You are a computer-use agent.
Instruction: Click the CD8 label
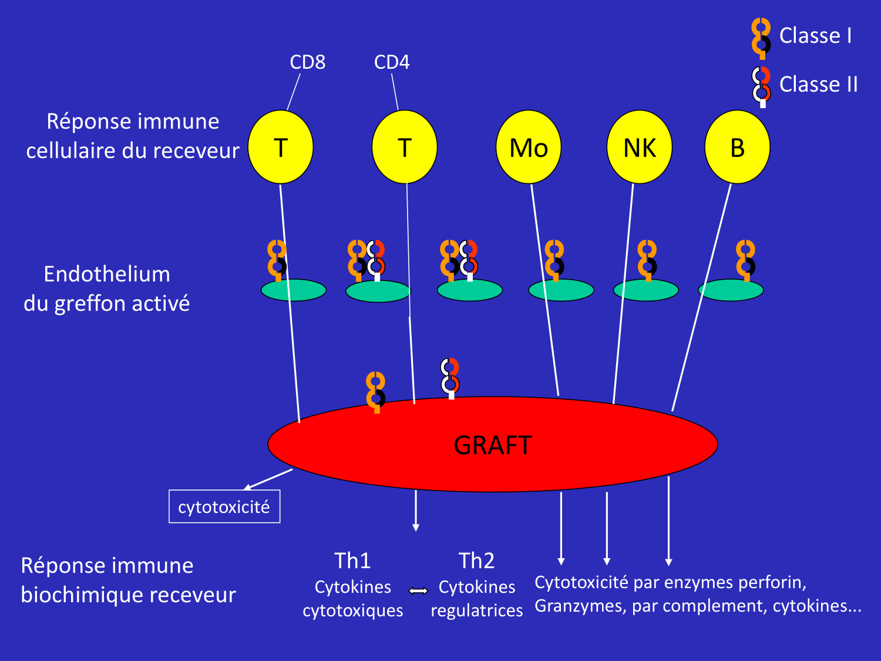click(x=307, y=62)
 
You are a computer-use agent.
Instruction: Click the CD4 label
click(x=392, y=62)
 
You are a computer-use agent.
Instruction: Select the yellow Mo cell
click(x=529, y=147)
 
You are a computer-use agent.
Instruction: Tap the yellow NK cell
click(x=639, y=147)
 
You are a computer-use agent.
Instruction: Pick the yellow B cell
click(x=737, y=147)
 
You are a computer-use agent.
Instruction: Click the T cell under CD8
click(x=281, y=147)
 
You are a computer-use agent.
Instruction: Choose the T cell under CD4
click(x=405, y=147)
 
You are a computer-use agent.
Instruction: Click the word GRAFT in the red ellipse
click(x=493, y=445)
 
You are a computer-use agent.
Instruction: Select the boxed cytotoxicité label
click(x=224, y=506)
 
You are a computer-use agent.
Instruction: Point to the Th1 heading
click(x=352, y=561)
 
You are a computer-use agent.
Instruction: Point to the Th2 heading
click(x=476, y=561)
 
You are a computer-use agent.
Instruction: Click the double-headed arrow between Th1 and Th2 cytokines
click(x=418, y=590)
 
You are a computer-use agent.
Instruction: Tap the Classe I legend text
click(x=815, y=36)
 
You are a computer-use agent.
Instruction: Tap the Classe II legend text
click(x=818, y=85)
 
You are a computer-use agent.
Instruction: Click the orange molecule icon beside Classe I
click(x=761, y=38)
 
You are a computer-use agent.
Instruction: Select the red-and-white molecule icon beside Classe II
click(x=762, y=86)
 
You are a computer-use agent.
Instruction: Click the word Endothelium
click(x=107, y=274)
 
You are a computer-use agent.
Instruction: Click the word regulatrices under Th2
click(x=476, y=610)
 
